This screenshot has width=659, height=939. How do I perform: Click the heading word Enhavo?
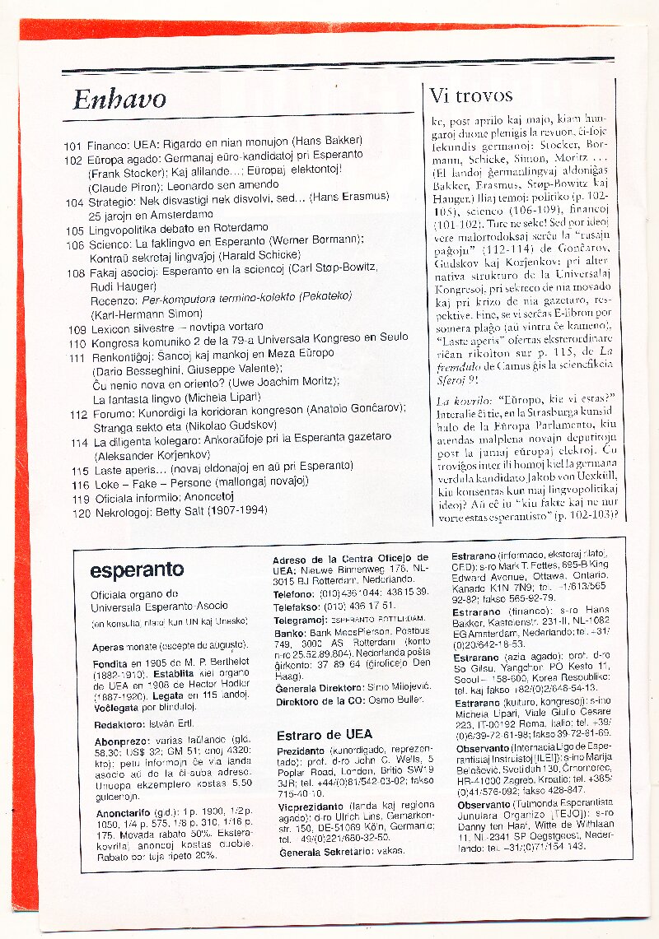[119, 100]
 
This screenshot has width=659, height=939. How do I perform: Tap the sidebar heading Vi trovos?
[471, 95]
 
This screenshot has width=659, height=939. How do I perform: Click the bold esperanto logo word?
[137, 570]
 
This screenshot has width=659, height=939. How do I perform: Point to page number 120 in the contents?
[80, 512]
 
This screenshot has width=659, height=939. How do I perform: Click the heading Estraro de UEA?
[324, 734]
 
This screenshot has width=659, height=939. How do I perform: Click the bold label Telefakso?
[296, 606]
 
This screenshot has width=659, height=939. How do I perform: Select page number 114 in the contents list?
[79, 442]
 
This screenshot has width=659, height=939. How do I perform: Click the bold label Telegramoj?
[301, 619]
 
